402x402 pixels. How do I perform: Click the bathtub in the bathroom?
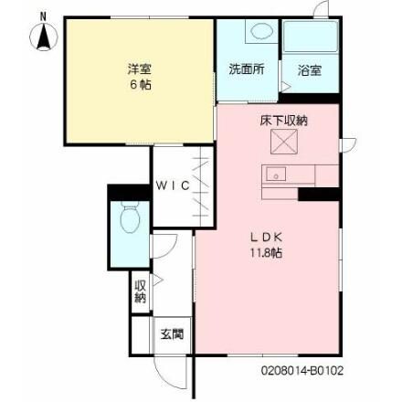(x=309, y=39)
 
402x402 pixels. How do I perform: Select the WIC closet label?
(x=172, y=185)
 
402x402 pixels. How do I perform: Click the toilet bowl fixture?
(x=128, y=220)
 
